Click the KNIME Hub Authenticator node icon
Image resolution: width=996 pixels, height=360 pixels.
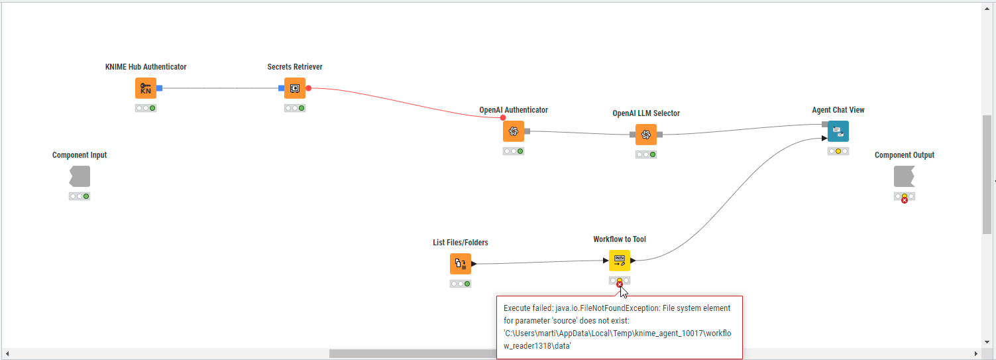(146, 88)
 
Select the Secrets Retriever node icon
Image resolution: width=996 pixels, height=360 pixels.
(295, 88)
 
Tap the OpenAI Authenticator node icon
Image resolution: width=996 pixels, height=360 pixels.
(514, 131)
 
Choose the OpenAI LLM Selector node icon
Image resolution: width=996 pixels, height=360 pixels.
(646, 135)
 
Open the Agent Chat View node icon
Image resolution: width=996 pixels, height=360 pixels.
(838, 131)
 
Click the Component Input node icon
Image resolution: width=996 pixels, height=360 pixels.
(80, 176)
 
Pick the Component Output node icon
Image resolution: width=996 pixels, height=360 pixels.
(905, 176)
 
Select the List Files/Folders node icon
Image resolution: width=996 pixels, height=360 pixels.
(460, 264)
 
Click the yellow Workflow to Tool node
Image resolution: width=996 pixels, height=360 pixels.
(620, 261)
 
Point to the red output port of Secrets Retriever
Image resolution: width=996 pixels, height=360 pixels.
(309, 88)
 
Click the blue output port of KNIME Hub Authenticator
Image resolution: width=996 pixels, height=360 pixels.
(159, 88)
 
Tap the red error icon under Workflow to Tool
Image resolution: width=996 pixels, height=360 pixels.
(620, 284)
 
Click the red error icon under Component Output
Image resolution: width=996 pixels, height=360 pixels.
(905, 200)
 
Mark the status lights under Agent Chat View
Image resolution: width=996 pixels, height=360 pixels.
(838, 151)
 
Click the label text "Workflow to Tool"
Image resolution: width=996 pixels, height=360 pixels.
(620, 239)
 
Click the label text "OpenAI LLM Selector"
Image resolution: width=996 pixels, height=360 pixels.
(646, 113)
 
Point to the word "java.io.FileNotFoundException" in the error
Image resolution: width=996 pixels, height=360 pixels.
(608, 308)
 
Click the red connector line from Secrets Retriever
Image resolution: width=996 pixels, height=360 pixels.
(405, 102)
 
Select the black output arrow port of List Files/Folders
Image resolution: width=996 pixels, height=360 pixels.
(474, 264)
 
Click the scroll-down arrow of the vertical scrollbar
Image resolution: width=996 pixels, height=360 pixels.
(987, 342)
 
